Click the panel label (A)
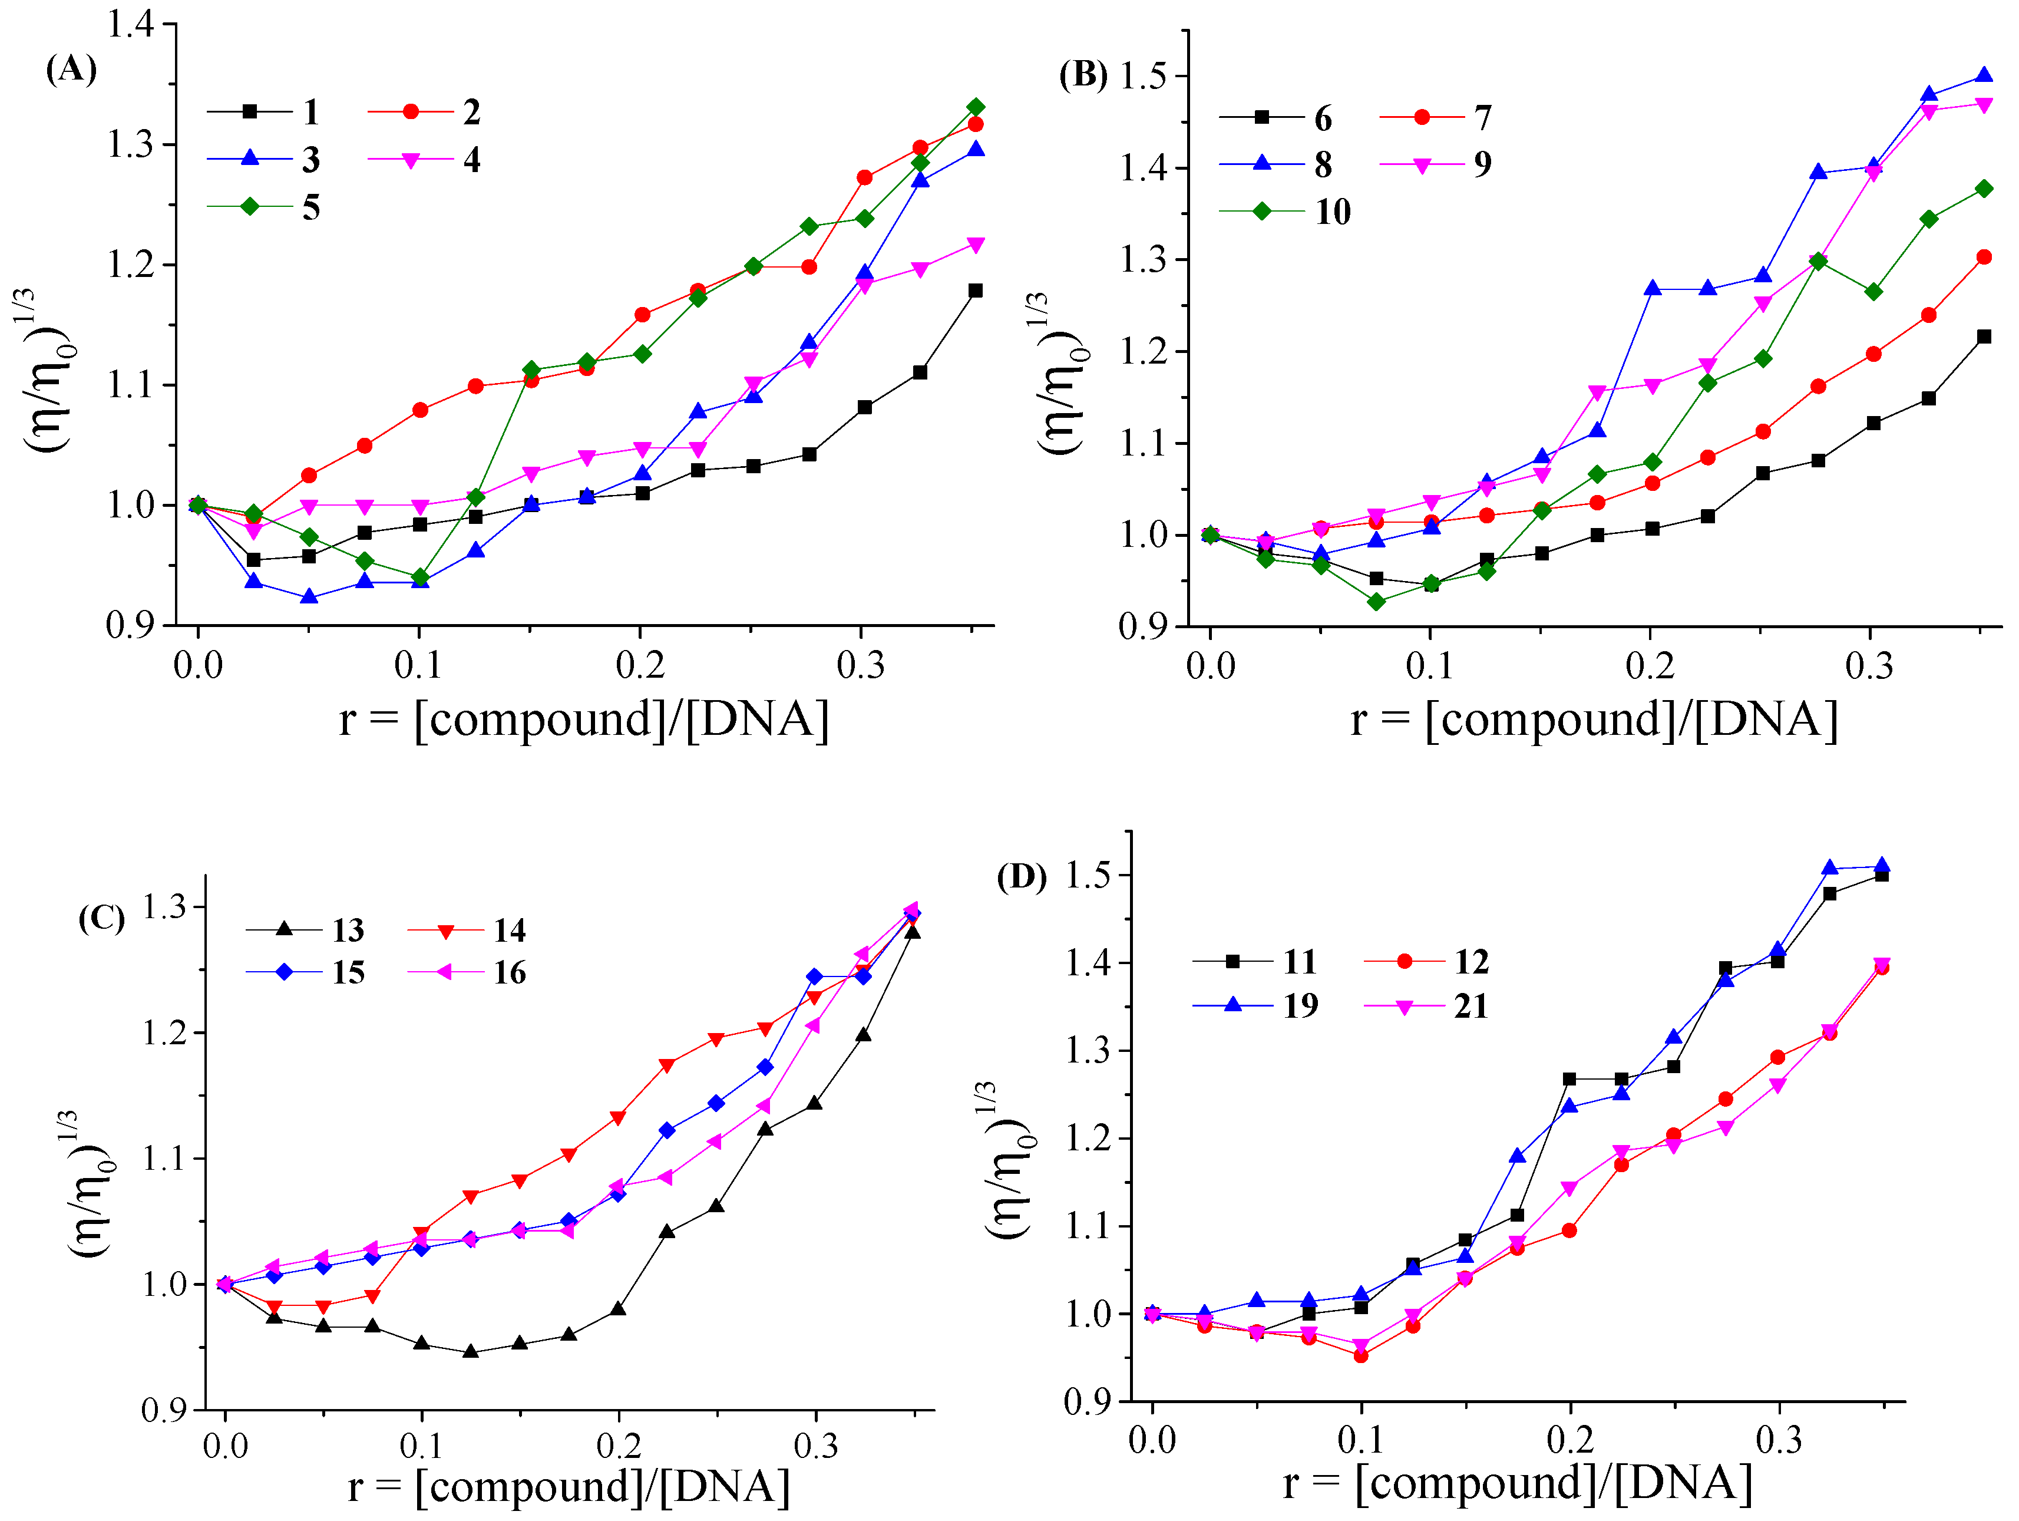[x=71, y=70]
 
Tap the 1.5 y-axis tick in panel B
[x=1144, y=76]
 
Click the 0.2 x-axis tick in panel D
[x=1570, y=1440]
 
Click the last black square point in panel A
[x=975, y=291]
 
